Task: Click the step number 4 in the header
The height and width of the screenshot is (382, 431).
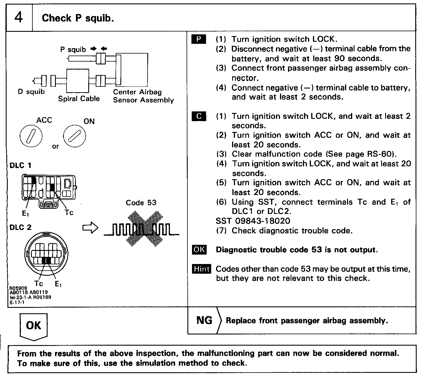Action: pos(19,17)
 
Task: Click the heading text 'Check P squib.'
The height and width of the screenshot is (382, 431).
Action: pos(78,18)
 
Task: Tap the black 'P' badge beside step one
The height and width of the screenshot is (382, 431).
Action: pos(199,39)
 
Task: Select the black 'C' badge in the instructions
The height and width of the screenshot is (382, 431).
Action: pos(199,116)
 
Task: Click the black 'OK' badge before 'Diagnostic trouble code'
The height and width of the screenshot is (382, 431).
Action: pos(199,250)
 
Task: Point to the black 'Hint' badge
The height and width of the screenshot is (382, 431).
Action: pos(202,269)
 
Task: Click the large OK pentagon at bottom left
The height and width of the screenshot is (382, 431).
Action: pos(34,326)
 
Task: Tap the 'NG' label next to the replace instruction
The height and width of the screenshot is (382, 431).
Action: pos(204,320)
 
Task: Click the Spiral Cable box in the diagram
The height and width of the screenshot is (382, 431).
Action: pos(78,80)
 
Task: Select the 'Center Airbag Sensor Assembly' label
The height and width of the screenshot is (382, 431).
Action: pos(143,96)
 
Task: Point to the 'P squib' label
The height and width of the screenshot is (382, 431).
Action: pos(73,50)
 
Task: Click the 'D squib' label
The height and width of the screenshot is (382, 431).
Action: pos(31,92)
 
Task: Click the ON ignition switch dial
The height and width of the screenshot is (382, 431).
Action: pos(75,136)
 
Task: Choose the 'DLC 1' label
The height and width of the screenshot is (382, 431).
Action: pos(20,166)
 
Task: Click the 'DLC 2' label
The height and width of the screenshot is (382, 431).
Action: pos(20,227)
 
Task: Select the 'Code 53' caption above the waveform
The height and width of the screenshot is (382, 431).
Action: pos(141,203)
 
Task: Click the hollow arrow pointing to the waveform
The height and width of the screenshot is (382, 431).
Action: pos(90,228)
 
